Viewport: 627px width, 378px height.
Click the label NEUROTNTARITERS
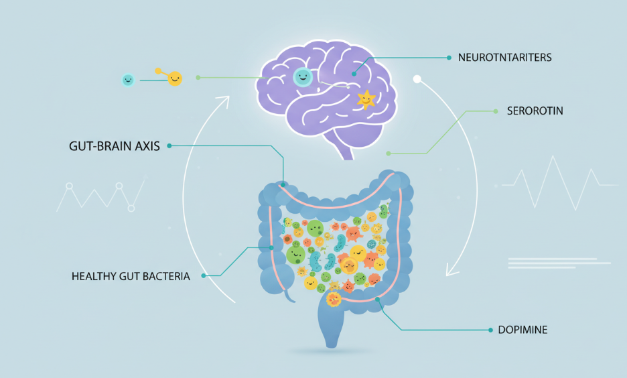click(504, 58)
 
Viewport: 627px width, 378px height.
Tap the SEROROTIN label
click(535, 111)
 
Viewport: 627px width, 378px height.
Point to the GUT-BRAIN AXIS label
click(115, 145)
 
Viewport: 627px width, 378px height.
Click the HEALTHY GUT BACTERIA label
click(131, 275)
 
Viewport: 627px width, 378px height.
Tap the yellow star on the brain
click(366, 99)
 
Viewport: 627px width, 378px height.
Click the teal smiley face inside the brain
click(303, 77)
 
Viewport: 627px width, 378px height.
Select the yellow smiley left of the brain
click(174, 78)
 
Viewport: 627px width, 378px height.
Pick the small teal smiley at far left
click(127, 80)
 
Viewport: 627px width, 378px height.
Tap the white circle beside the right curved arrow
click(417, 79)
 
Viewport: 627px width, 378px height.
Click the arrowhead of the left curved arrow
click(224, 101)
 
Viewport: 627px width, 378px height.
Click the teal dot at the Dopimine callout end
click(490, 330)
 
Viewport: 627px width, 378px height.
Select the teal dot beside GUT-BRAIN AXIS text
click(170, 145)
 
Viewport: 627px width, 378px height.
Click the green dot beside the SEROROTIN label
click(495, 111)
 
